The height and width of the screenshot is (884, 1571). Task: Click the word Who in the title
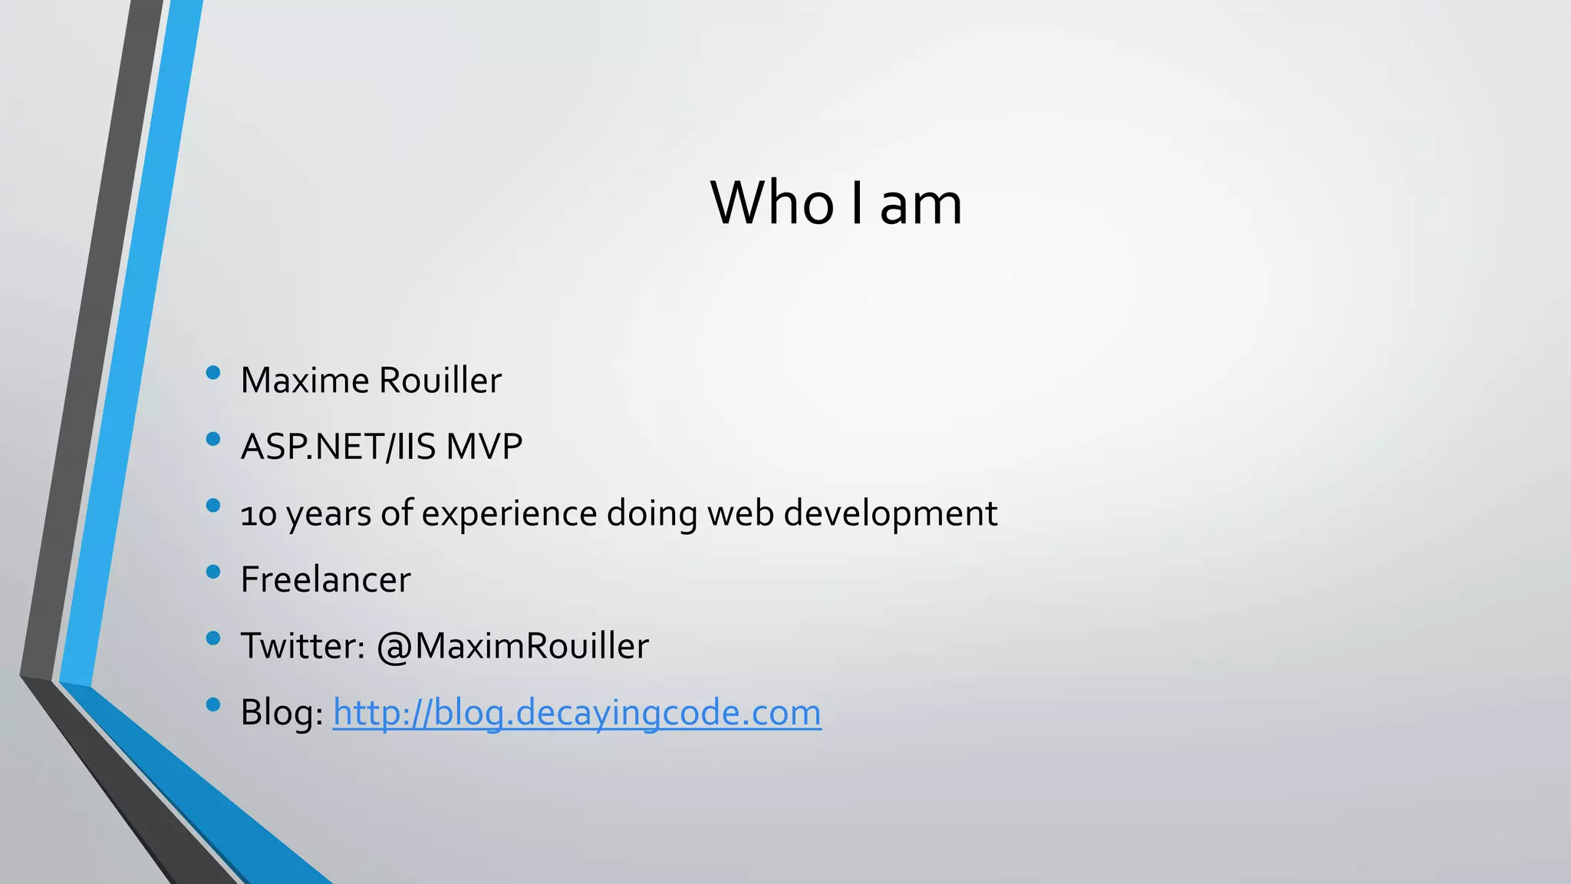pyautogui.click(x=772, y=203)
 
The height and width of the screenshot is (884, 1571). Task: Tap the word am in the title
pyautogui.click(x=921, y=205)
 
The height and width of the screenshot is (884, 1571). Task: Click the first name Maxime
pyautogui.click(x=305, y=381)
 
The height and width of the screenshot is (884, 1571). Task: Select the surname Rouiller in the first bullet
pyautogui.click(x=440, y=381)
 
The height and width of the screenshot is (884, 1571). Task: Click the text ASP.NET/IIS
pyautogui.click(x=338, y=447)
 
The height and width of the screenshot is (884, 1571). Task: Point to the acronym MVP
pyautogui.click(x=484, y=447)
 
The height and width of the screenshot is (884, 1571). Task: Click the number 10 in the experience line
pyautogui.click(x=259, y=514)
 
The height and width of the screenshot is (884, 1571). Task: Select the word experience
pyautogui.click(x=509, y=514)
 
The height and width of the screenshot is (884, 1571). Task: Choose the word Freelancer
pyautogui.click(x=325, y=579)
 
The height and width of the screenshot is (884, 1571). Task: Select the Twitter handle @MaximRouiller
pyautogui.click(x=512, y=646)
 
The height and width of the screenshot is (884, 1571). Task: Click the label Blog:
pyautogui.click(x=282, y=713)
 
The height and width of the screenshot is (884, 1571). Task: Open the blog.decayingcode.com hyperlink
pyautogui.click(x=577, y=713)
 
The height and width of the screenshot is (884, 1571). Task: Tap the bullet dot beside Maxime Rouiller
pyautogui.click(x=213, y=373)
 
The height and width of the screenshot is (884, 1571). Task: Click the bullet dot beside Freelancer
pyautogui.click(x=213, y=572)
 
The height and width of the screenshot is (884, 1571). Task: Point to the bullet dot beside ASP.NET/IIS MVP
pyautogui.click(x=213, y=439)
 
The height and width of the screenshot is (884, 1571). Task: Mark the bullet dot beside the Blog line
pyautogui.click(x=213, y=704)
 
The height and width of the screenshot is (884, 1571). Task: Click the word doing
pyautogui.click(x=651, y=514)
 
